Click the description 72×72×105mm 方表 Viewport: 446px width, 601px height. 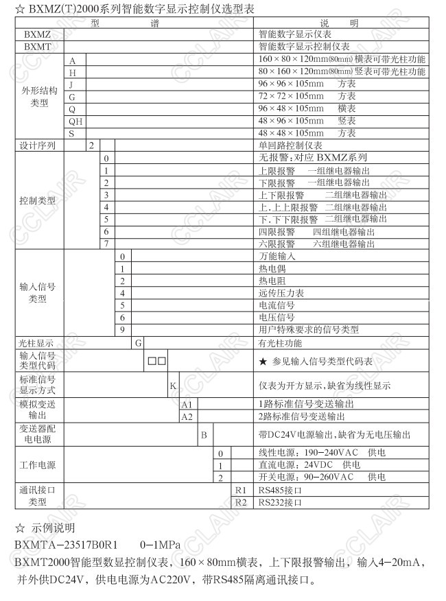[307, 96]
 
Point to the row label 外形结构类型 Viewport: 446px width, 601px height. [40, 96]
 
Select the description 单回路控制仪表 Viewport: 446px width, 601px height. [290, 145]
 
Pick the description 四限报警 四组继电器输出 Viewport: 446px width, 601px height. [316, 231]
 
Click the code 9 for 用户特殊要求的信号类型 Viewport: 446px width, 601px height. [122, 329]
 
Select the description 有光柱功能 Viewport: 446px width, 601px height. [280, 342]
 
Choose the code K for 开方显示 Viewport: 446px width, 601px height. [173, 386]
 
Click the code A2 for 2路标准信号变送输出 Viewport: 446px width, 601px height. [187, 416]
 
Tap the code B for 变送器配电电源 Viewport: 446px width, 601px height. [203, 435]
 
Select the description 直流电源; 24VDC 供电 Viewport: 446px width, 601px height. [309, 465]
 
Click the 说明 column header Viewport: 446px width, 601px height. [343, 22]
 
